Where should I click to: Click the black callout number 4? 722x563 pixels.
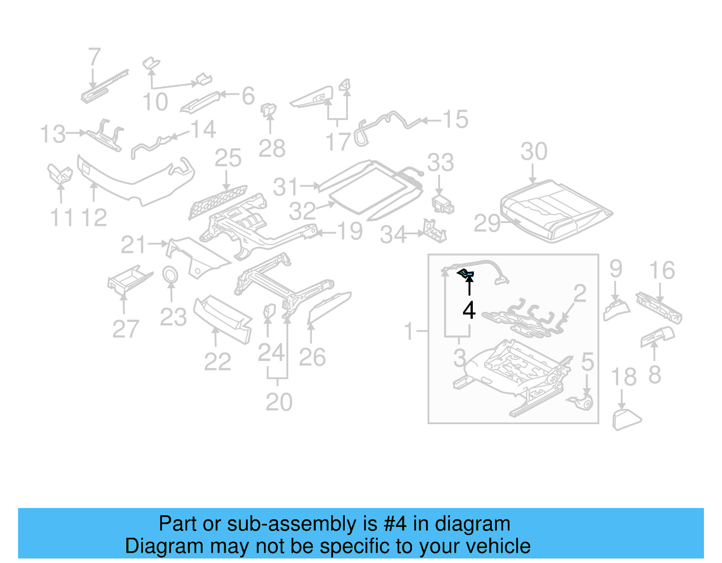point(469,311)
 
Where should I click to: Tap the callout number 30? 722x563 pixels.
point(534,151)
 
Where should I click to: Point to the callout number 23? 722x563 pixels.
point(173,317)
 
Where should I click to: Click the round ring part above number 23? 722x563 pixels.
point(170,275)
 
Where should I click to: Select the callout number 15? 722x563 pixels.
point(455,119)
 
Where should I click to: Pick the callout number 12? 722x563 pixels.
point(94,218)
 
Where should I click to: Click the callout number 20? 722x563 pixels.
point(279,402)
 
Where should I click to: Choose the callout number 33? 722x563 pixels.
point(440,163)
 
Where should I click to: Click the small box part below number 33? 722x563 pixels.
point(442,204)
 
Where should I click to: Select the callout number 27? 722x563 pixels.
point(125,329)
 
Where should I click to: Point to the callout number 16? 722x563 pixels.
point(662,270)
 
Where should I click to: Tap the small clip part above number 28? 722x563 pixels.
point(269,110)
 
